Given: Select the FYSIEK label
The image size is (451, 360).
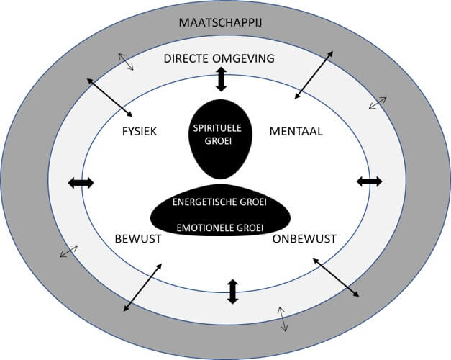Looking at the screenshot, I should point(140,131).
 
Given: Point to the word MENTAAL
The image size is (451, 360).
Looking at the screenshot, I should point(296,131).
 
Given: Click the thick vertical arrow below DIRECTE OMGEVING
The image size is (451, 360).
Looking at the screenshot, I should point(221,79).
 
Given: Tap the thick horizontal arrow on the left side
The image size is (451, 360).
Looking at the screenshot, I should point(81,183).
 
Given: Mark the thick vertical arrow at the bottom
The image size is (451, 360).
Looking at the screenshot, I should point(232,291).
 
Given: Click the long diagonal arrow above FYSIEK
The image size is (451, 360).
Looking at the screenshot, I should point(110,98).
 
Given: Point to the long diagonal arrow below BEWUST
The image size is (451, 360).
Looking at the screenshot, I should point(141,287).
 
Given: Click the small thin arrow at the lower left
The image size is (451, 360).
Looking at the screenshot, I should point(70,251).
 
